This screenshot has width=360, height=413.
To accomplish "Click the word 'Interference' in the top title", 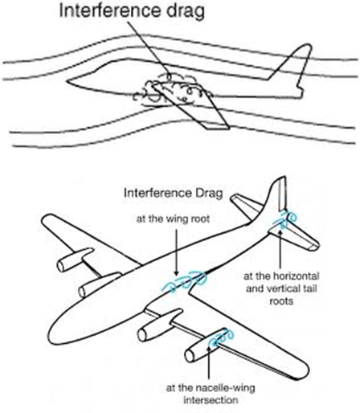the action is click(x=110, y=10).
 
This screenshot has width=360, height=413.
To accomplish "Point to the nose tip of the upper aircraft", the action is click(x=67, y=80).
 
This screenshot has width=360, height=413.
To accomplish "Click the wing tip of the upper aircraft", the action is click(x=218, y=127).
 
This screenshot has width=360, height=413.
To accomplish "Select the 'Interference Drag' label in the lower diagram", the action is click(x=174, y=193).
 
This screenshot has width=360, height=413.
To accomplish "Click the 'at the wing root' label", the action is click(x=173, y=219).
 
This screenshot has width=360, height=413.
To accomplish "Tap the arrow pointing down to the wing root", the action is click(x=176, y=252).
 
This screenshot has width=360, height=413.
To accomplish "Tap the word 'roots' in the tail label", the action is click(x=281, y=301).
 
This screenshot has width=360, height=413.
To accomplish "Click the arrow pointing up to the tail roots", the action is click(x=280, y=248).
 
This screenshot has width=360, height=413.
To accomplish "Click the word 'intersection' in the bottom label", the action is click(x=211, y=400).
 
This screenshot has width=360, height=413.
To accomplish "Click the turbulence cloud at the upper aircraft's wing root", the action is click(x=171, y=91).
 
